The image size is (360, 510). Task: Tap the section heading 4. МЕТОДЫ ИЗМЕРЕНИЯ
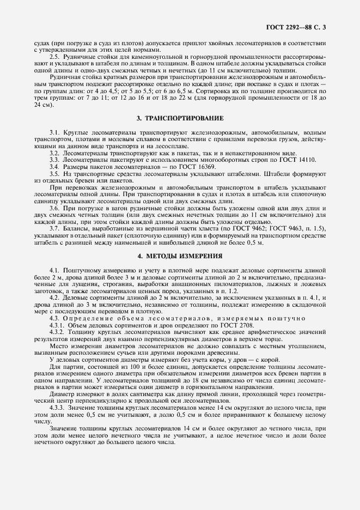point(180,256)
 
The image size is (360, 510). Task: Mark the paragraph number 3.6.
point(54,208)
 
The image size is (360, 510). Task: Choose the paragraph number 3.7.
point(54,228)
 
